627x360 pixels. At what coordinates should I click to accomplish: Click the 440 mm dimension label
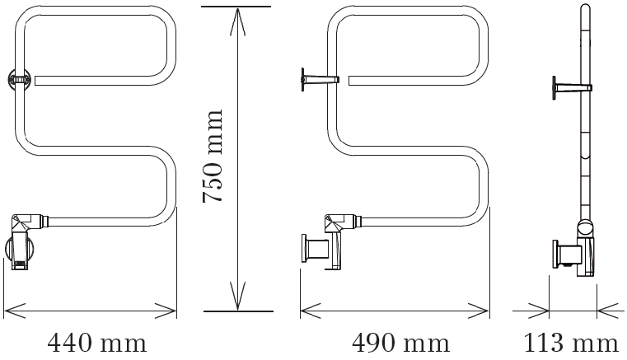coord(97,344)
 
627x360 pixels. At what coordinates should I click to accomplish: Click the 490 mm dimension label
coord(400,344)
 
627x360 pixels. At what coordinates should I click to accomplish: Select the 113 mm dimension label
coord(571,344)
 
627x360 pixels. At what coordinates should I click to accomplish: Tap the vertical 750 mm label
coord(213,156)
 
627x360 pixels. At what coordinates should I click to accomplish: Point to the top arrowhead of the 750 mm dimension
coord(238,22)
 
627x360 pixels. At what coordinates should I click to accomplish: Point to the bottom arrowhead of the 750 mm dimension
coord(238,296)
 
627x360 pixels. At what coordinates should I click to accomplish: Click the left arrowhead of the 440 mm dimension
coord(15,311)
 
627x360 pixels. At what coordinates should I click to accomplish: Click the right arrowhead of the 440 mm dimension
coord(166,311)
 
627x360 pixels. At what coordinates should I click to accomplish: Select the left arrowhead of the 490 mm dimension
coord(311,311)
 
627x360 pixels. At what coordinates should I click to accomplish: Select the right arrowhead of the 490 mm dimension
coord(479,311)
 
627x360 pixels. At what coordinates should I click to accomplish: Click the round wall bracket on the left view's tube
coord(20,78)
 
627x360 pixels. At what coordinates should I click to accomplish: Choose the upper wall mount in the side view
coord(572,88)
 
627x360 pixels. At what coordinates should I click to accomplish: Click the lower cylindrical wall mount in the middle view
coord(315,249)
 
